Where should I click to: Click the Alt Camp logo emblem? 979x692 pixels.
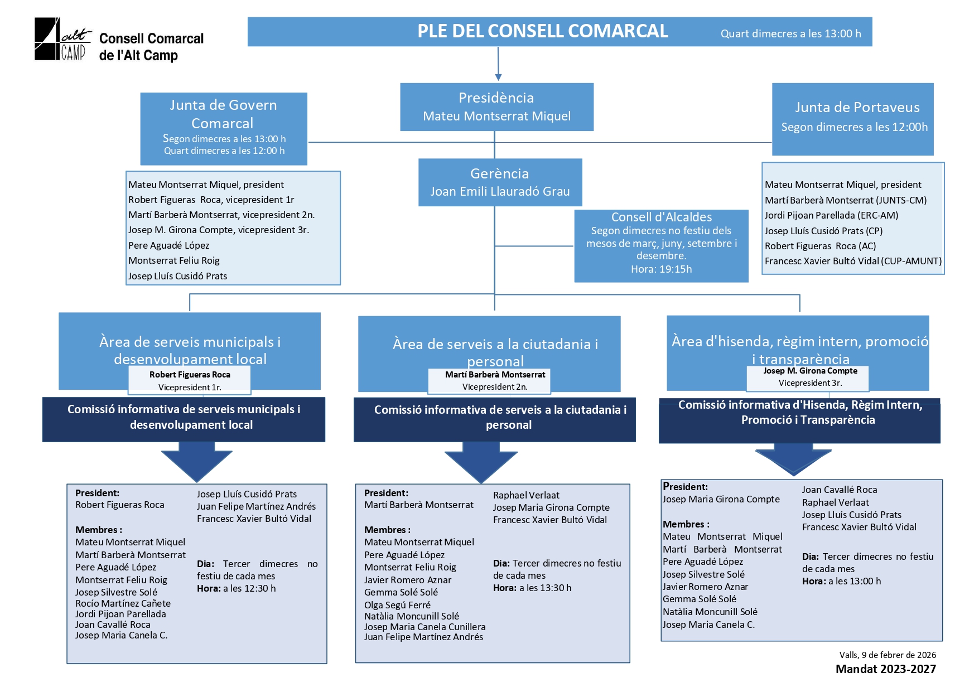[x=60, y=39]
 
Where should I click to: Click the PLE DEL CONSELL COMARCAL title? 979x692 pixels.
[x=542, y=31]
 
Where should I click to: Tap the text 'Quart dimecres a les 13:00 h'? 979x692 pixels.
[x=790, y=33]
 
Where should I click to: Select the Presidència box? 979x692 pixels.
[x=496, y=107]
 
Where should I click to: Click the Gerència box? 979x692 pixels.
[x=500, y=182]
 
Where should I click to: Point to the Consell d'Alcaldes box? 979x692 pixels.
[x=661, y=245]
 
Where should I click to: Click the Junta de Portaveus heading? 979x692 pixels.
[x=857, y=107]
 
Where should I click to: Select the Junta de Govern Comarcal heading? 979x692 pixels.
[x=223, y=114]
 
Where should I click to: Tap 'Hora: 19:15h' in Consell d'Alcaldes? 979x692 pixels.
[x=661, y=269]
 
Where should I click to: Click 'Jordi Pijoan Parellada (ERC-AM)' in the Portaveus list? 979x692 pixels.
[x=831, y=215]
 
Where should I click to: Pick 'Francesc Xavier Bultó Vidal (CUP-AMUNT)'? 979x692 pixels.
[x=853, y=261]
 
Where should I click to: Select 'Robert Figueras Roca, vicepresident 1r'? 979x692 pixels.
[x=211, y=200]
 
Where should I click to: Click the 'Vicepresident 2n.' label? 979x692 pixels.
[x=495, y=386]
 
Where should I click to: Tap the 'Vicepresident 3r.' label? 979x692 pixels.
[x=810, y=383]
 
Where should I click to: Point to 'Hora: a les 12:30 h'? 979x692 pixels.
[x=236, y=588]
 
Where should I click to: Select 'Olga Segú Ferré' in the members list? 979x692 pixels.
[x=397, y=605]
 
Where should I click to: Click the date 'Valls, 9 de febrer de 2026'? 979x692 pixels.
[x=887, y=655]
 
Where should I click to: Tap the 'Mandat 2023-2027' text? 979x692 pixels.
[x=885, y=669]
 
